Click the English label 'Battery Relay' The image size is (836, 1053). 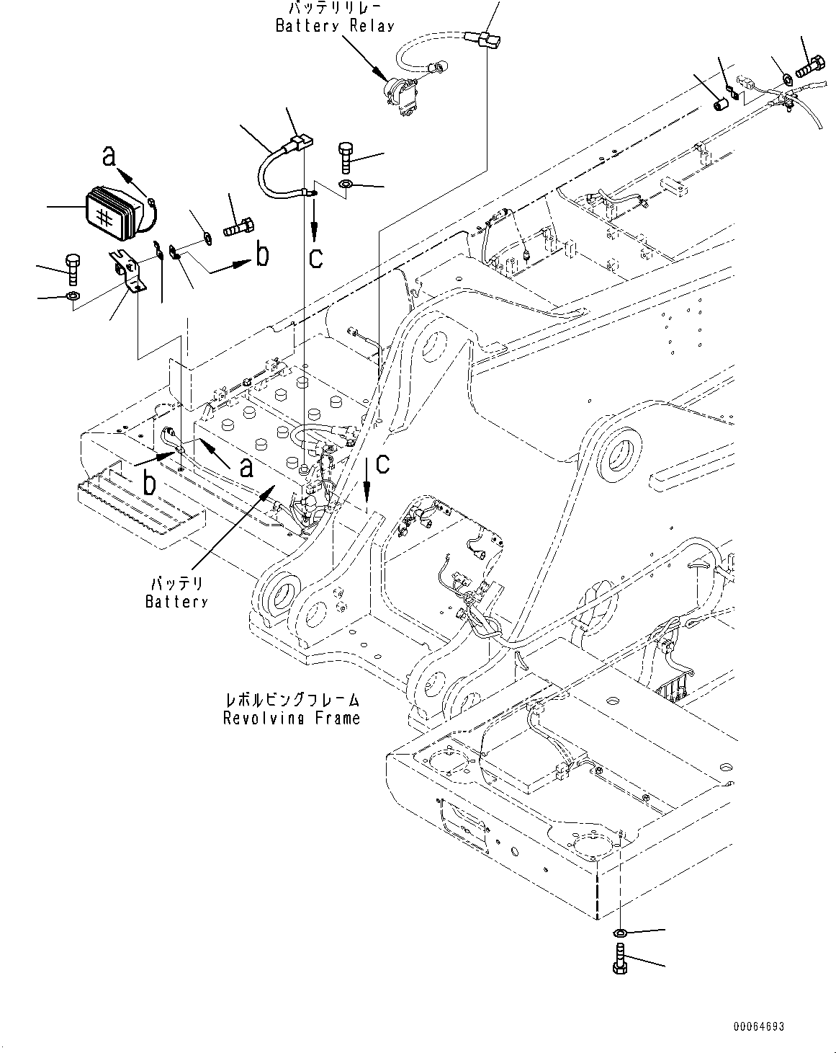(x=335, y=26)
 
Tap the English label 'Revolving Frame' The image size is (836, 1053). (x=291, y=718)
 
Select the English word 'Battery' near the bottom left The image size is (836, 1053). (x=176, y=601)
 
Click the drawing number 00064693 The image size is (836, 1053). (x=759, y=1026)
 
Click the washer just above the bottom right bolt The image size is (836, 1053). (x=620, y=934)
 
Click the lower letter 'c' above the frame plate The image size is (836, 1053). (x=382, y=464)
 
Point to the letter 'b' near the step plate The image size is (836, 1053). (x=148, y=483)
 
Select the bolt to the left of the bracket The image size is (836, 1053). (x=72, y=268)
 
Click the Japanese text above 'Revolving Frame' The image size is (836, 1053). (x=292, y=699)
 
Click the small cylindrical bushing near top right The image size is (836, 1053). (x=720, y=105)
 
